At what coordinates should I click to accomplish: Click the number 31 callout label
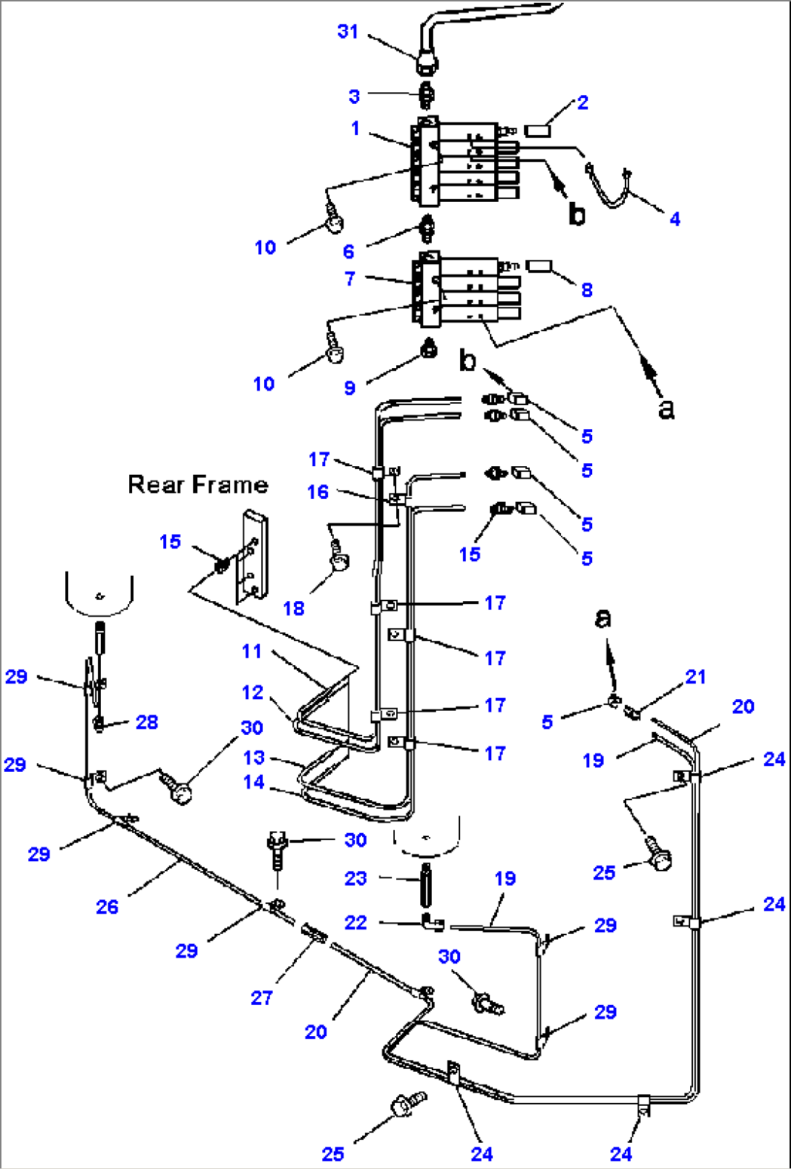[348, 32]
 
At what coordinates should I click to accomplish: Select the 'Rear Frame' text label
[198, 484]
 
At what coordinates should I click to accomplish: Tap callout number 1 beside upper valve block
[355, 129]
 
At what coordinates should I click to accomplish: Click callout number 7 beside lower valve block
[350, 278]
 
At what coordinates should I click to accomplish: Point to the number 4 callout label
[674, 219]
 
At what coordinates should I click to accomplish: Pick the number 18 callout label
[293, 608]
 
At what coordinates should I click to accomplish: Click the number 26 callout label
[107, 906]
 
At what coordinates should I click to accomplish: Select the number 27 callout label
[261, 998]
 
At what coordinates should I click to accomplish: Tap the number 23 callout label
[355, 879]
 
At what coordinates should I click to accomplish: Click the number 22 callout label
[355, 922]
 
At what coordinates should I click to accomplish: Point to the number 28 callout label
[147, 722]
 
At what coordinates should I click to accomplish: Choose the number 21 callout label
[695, 677]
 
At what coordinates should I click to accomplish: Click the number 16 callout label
[317, 492]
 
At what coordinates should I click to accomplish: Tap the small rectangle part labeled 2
[538, 131]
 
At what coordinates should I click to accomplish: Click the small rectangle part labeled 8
[538, 266]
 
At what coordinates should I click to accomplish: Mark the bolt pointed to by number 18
[338, 556]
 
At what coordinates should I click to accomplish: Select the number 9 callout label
[350, 388]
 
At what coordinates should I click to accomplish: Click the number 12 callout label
[252, 693]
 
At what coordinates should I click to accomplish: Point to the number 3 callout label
[354, 96]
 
